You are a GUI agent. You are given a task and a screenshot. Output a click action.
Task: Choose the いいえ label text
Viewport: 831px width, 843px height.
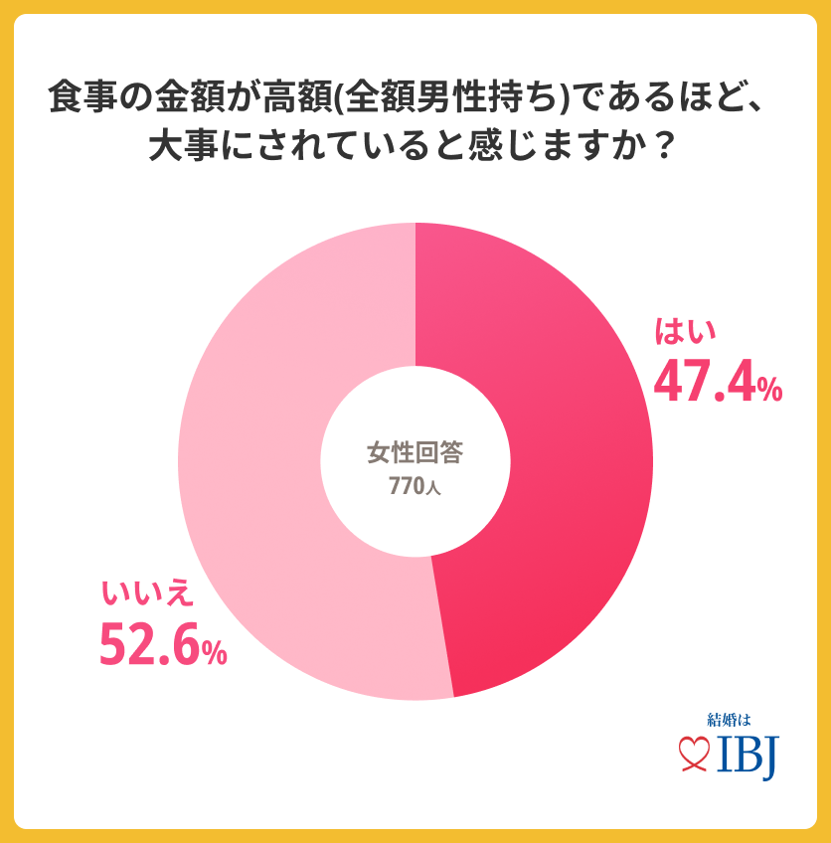point(145,593)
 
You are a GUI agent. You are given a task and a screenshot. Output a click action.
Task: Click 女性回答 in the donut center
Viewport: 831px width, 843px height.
point(415,453)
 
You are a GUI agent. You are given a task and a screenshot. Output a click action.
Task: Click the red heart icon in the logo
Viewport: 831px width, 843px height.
point(692,757)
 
